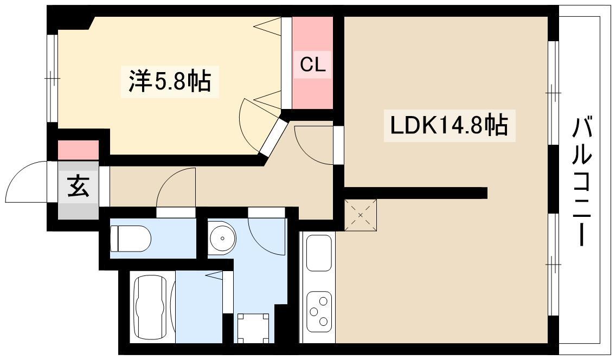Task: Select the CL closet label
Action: click(313, 65)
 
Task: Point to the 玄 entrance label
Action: click(78, 188)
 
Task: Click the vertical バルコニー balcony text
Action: click(582, 182)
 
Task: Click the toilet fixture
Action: click(130, 239)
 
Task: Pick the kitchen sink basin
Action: click(319, 253)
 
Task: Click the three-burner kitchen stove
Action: click(319, 311)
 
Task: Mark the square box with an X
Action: click(361, 213)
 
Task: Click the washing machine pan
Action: click(253, 327)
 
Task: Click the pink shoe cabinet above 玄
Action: click(78, 150)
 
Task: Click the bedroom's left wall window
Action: click(52, 79)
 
